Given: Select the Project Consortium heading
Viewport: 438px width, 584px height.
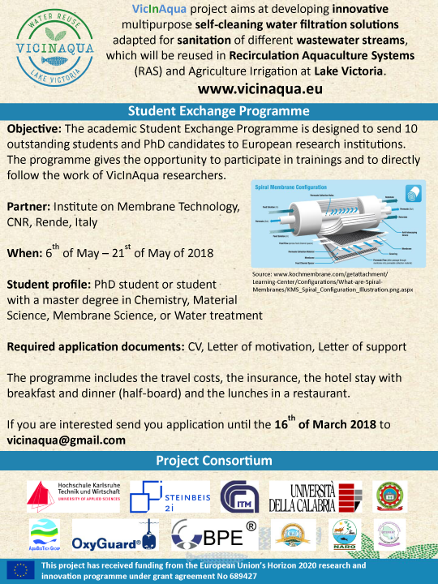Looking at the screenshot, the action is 218,461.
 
